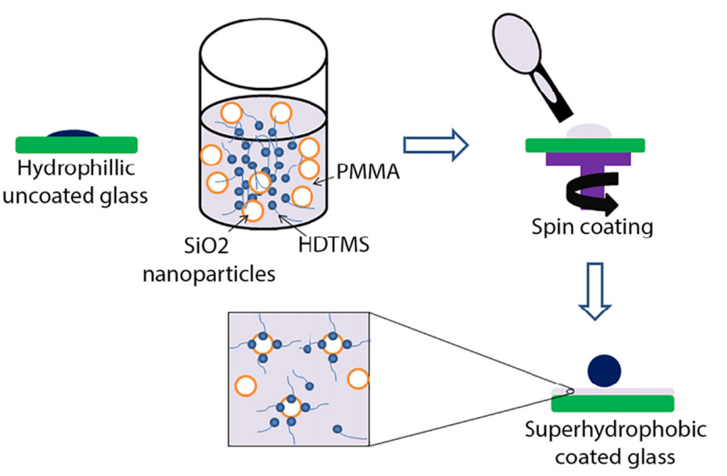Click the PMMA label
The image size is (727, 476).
click(x=368, y=172)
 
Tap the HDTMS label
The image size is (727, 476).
click(x=333, y=244)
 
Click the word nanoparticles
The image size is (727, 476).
click(x=208, y=274)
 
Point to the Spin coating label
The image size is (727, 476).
click(x=592, y=227)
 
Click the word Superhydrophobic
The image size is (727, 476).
click(x=615, y=430)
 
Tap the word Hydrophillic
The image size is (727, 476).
click(x=76, y=168)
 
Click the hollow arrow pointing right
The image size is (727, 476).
click(x=436, y=145)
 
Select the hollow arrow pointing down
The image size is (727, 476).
click(x=595, y=291)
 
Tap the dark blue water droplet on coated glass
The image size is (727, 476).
click(x=604, y=371)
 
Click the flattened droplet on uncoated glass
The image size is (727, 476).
click(x=73, y=133)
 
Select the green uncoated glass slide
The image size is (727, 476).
click(x=76, y=145)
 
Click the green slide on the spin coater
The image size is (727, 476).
click(x=585, y=145)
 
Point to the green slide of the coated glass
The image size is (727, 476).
click(x=613, y=403)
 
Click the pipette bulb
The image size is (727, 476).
click(x=516, y=42)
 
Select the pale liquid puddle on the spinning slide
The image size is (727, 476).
click(x=589, y=131)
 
